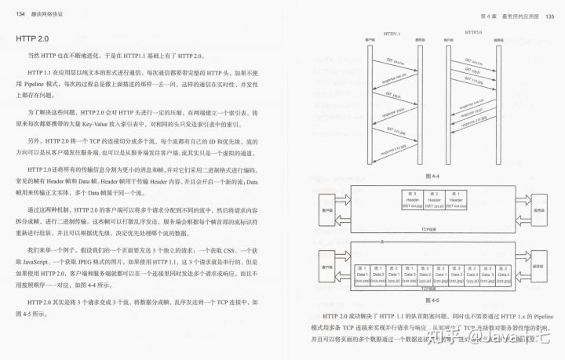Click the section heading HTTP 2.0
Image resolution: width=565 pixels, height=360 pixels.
pyautogui.click(x=39, y=38)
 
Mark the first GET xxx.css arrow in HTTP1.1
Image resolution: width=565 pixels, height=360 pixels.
pyautogui.click(x=385, y=60)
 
